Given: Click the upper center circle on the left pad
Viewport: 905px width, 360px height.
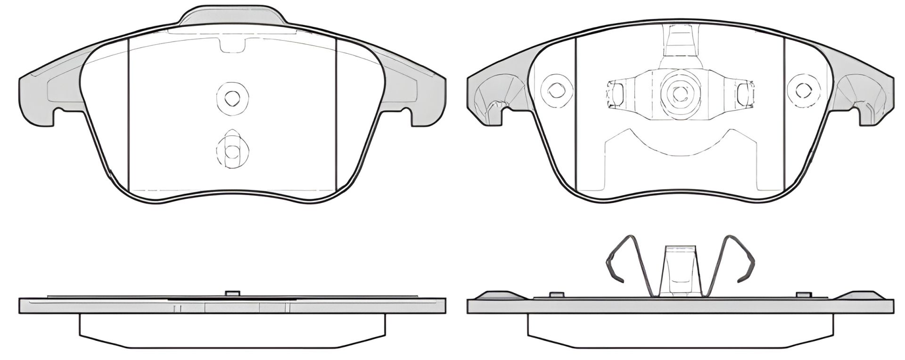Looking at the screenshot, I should (231, 98).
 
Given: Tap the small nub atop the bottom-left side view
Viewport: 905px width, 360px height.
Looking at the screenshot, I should (231, 293).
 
